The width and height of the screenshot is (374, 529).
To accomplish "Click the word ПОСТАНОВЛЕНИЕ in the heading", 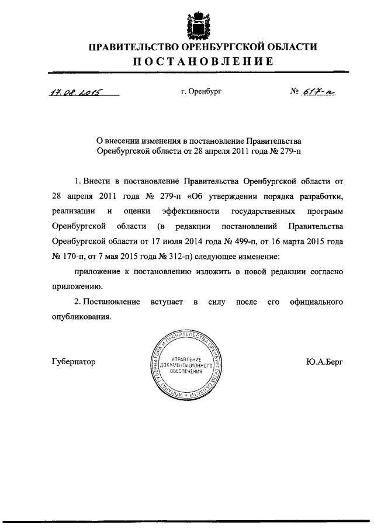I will point(199,61).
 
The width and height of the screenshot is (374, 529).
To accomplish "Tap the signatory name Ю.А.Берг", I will point(324,362).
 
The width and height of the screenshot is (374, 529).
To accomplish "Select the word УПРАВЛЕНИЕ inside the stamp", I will point(186,358).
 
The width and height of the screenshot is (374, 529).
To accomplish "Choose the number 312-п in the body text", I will point(171,256).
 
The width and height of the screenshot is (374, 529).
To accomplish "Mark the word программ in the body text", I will point(323,210).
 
